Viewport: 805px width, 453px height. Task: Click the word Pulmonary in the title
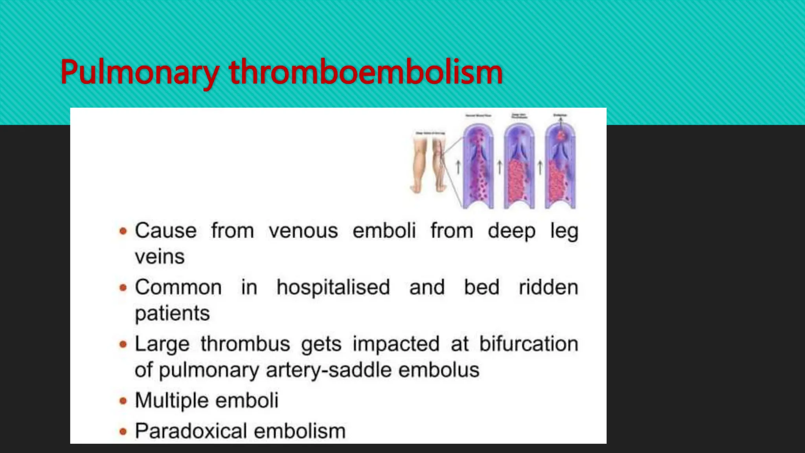pyautogui.click(x=139, y=72)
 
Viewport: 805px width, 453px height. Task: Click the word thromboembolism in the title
pyautogui.click(x=366, y=72)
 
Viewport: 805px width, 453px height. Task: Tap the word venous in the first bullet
pyautogui.click(x=303, y=230)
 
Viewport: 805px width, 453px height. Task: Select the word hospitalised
pyautogui.click(x=333, y=287)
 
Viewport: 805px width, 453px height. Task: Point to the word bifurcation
pyautogui.click(x=528, y=344)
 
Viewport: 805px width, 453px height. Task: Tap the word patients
pyautogui.click(x=172, y=313)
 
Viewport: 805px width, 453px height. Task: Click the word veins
pyautogui.click(x=160, y=257)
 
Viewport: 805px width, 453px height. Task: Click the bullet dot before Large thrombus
pyautogui.click(x=123, y=344)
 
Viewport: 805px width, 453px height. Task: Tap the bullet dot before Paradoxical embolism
pyautogui.click(x=123, y=431)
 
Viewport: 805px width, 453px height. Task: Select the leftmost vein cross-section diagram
pyautogui.click(x=478, y=167)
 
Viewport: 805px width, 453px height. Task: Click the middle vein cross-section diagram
pyautogui.click(x=519, y=167)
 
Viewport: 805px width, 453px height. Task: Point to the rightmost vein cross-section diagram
pyautogui.click(x=560, y=167)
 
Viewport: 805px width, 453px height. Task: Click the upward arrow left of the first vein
pyautogui.click(x=458, y=167)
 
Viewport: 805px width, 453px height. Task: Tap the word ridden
pyautogui.click(x=548, y=287)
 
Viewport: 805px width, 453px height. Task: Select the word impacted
pyautogui.click(x=395, y=344)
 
